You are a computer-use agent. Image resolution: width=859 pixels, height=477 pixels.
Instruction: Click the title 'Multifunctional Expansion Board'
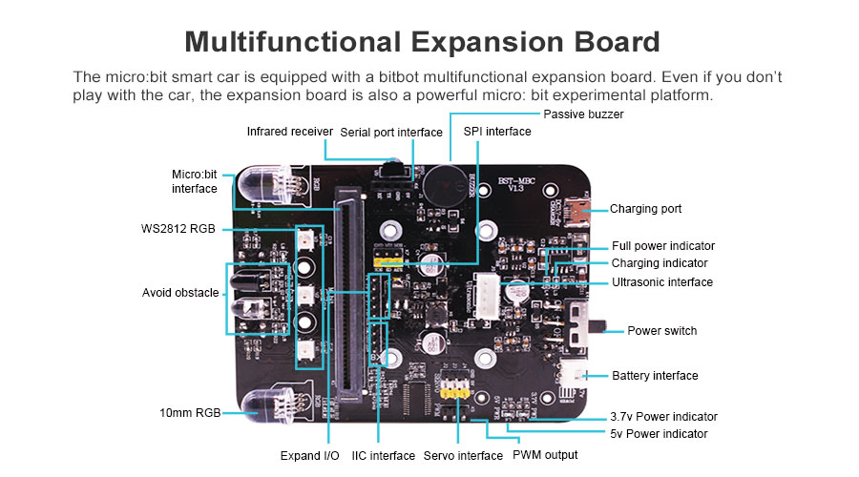(422, 42)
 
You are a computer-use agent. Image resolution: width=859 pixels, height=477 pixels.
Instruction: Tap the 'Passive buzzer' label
(583, 114)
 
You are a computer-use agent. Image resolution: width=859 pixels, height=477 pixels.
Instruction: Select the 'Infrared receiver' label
(289, 131)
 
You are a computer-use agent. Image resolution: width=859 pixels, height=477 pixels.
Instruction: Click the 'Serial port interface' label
(391, 132)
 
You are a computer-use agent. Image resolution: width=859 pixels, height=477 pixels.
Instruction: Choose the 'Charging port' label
(645, 209)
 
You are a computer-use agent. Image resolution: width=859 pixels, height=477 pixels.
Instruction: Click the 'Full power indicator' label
(662, 246)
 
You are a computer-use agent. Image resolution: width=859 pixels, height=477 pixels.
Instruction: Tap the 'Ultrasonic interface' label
(661, 281)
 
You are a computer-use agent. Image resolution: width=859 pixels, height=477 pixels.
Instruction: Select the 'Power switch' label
(661, 331)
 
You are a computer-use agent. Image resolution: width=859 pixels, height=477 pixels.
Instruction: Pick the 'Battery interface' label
(655, 376)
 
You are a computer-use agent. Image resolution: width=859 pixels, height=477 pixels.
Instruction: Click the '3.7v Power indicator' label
(663, 416)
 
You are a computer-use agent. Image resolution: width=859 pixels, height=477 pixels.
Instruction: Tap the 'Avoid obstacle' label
(180, 293)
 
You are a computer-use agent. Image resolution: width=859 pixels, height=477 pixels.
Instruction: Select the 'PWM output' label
(545, 455)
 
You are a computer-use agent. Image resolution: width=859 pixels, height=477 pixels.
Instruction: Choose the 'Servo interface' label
(463, 456)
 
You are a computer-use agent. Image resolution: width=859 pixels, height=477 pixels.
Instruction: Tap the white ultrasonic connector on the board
(489, 290)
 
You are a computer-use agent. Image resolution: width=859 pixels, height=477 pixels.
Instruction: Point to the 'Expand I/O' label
(309, 456)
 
